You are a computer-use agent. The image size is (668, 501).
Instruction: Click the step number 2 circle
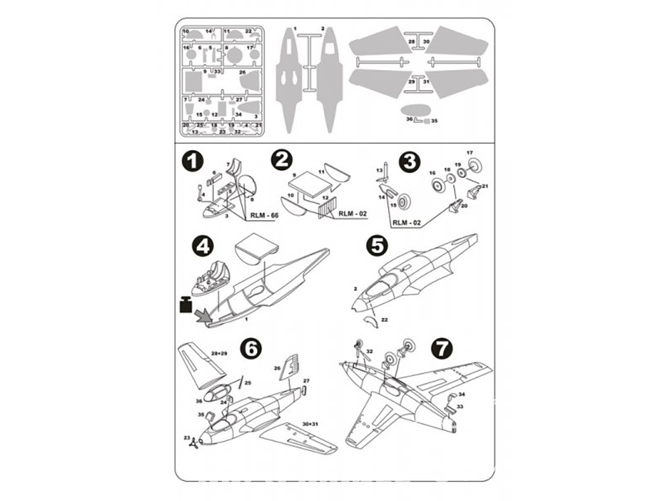pos(283,160)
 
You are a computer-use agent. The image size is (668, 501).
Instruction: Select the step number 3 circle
pos(409,161)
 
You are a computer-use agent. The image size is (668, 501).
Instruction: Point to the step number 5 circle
pos(377,246)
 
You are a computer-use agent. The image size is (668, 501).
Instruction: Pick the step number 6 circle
pos(249,348)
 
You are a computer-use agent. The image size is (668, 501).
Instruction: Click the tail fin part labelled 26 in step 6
pos(292,367)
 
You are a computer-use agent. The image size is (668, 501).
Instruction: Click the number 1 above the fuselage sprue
pos(295,29)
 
